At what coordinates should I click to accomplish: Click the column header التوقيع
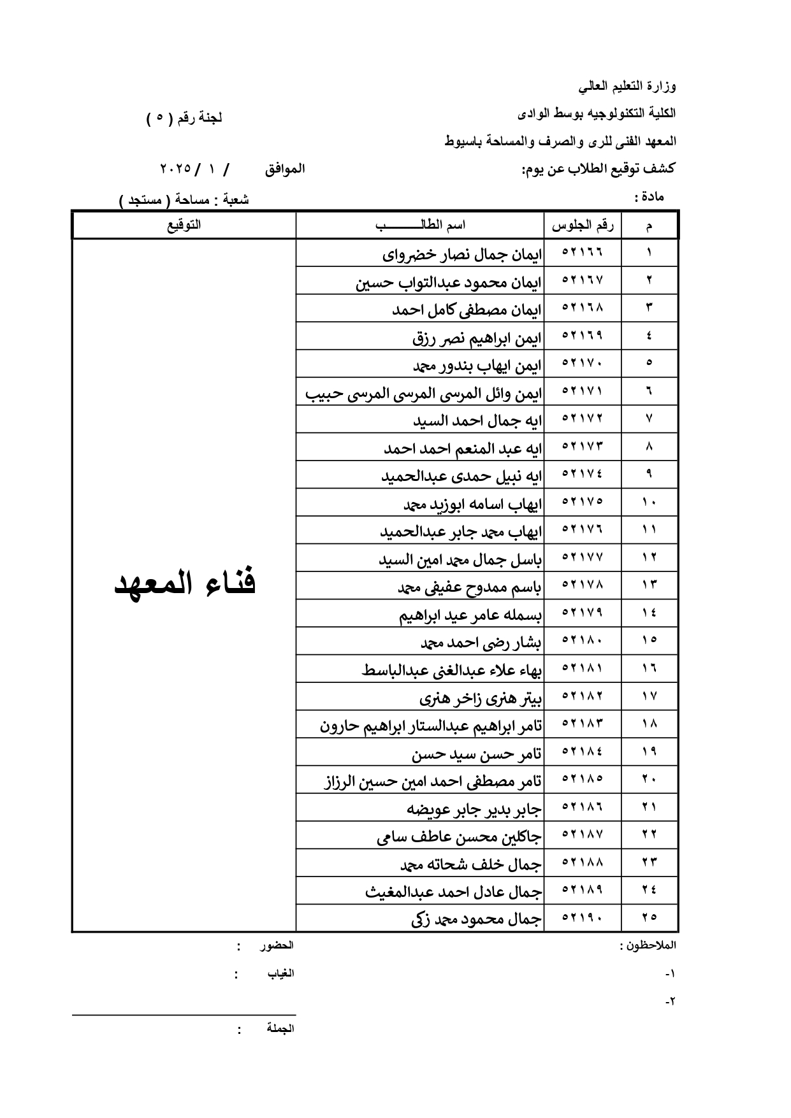(184, 226)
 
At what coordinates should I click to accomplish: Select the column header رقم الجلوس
(582, 226)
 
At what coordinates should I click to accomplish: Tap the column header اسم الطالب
(421, 226)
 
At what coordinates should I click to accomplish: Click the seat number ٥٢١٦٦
(582, 252)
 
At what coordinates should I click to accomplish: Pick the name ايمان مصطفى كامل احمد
(467, 310)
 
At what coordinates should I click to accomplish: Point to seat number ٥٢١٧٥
(582, 502)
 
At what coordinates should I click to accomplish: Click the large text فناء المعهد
(185, 584)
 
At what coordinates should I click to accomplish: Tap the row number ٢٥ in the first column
(649, 917)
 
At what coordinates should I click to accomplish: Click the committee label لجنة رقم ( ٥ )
(184, 118)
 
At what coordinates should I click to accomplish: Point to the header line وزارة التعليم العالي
(627, 86)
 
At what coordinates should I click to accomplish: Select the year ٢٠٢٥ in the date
(175, 169)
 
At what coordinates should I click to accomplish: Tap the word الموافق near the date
(285, 169)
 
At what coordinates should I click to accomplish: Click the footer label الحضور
(276, 946)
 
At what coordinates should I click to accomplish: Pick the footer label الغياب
(280, 973)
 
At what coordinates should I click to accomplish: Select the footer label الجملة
(280, 1028)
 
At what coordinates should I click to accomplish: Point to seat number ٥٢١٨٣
(582, 724)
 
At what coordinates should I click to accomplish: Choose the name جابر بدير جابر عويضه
(474, 809)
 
